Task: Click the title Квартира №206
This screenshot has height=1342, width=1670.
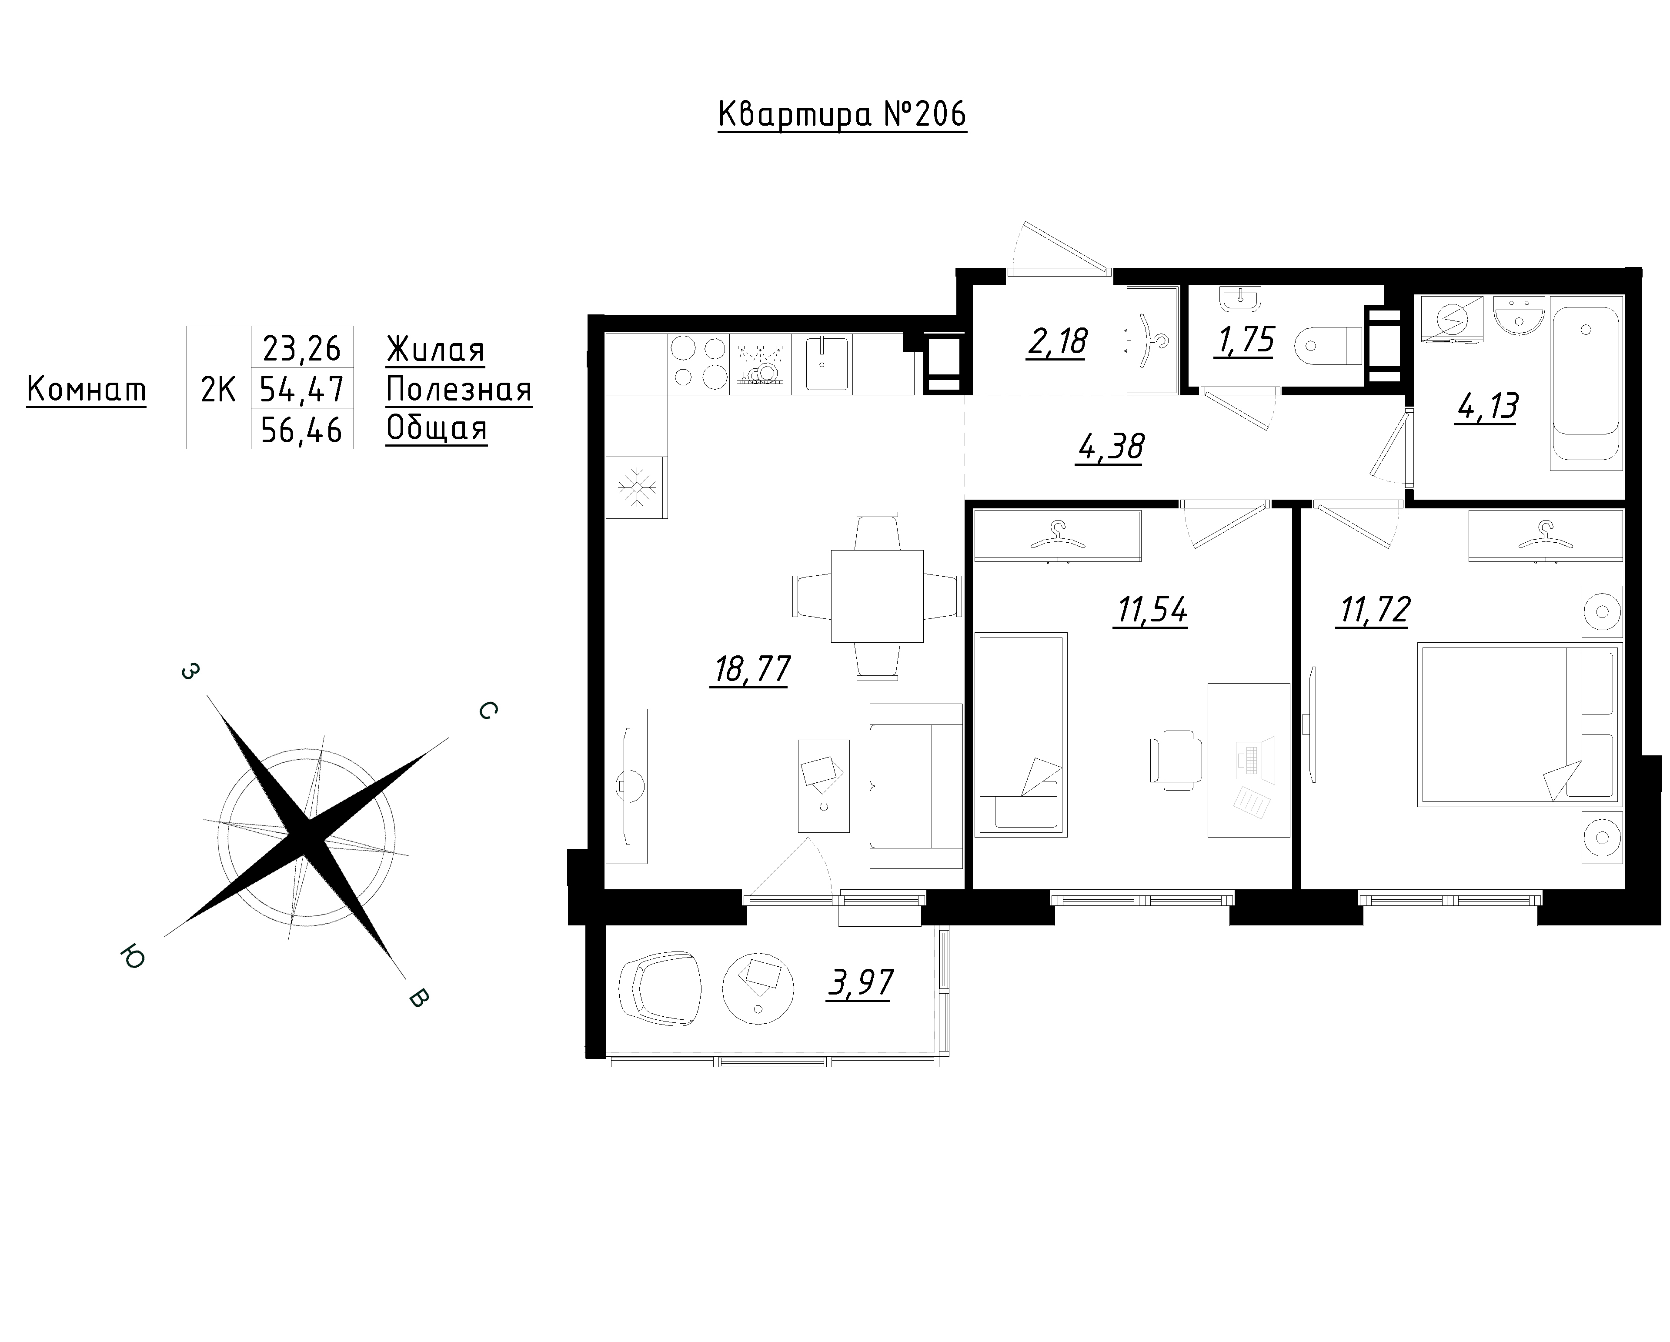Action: [x=842, y=115]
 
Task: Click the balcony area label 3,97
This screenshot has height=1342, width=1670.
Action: [x=860, y=984]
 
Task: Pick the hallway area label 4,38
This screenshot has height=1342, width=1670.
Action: [x=1110, y=447]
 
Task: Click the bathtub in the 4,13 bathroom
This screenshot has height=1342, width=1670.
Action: [x=1586, y=383]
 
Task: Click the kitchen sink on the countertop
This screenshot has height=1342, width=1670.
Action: [x=827, y=363]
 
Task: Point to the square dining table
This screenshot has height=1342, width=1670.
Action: [x=877, y=596]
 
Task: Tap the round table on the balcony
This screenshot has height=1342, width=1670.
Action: [x=758, y=988]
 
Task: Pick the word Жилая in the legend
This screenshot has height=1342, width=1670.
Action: [x=435, y=350]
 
